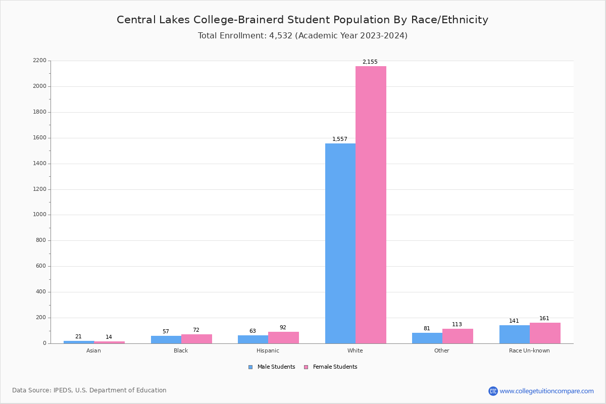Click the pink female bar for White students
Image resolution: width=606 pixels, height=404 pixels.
(x=371, y=205)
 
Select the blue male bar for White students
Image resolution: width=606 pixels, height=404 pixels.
(x=340, y=243)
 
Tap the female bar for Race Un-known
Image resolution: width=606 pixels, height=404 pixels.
(x=545, y=333)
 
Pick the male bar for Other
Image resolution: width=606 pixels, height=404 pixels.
(x=427, y=338)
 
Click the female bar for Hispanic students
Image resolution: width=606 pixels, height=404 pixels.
(x=283, y=338)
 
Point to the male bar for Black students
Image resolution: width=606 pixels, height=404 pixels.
(x=166, y=340)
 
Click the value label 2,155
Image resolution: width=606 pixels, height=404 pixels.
(x=370, y=62)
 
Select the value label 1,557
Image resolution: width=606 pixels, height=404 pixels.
(x=339, y=139)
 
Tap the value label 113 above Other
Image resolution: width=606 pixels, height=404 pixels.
(x=457, y=325)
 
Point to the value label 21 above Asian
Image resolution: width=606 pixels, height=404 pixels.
(x=78, y=337)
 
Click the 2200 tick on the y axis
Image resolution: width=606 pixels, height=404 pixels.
(x=39, y=61)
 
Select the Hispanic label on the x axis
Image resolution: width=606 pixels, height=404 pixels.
(x=268, y=350)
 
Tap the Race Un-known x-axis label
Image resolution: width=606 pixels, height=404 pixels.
(x=529, y=350)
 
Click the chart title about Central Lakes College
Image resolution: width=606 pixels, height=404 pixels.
(x=302, y=20)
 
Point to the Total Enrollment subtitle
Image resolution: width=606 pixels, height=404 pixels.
(x=302, y=36)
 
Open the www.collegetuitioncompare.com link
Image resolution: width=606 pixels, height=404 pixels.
(x=546, y=391)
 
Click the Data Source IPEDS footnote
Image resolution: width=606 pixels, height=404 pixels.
(x=89, y=390)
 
